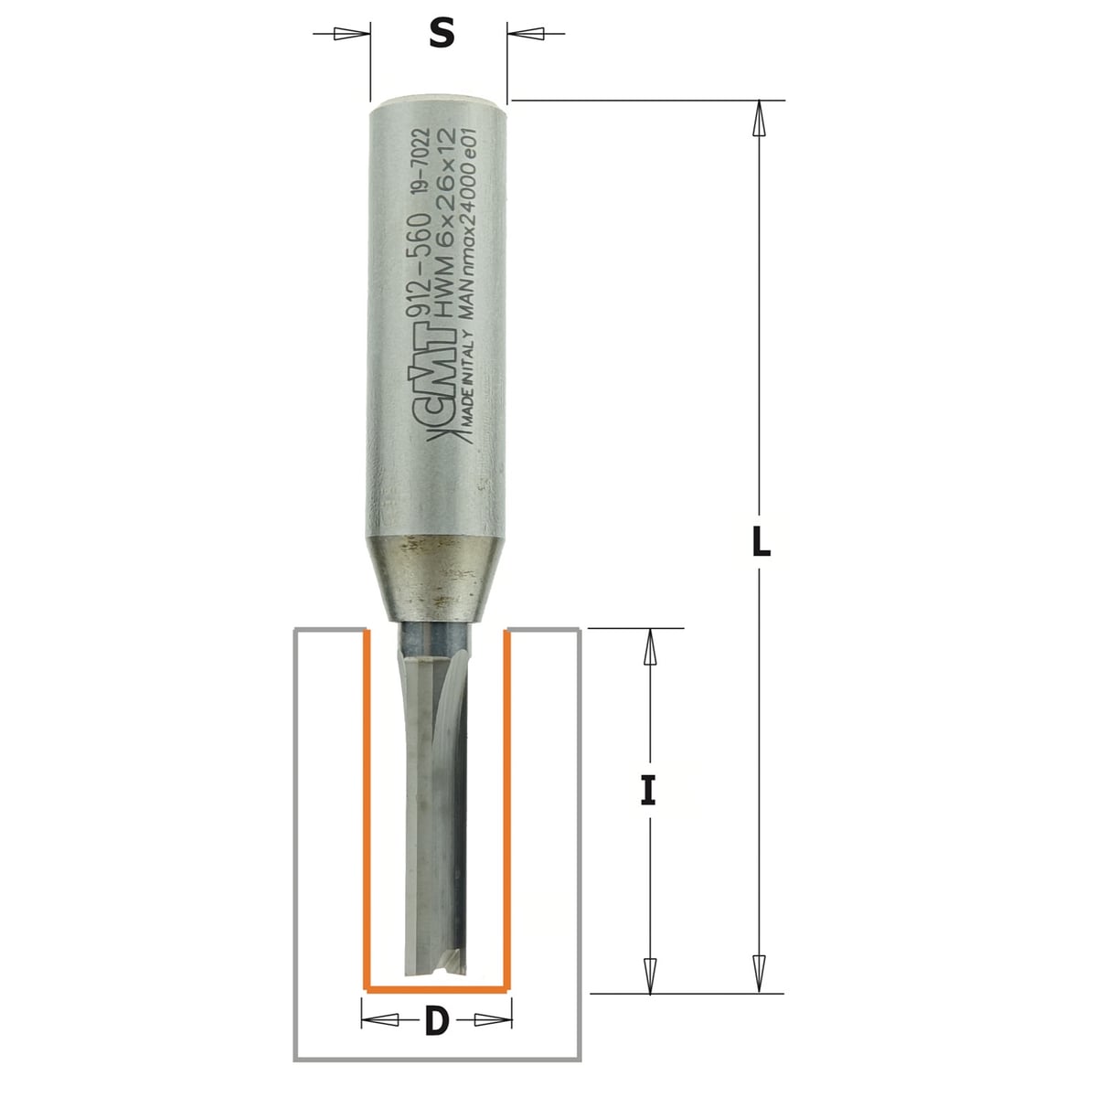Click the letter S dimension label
pos(442,33)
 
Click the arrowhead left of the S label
pos(350,34)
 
